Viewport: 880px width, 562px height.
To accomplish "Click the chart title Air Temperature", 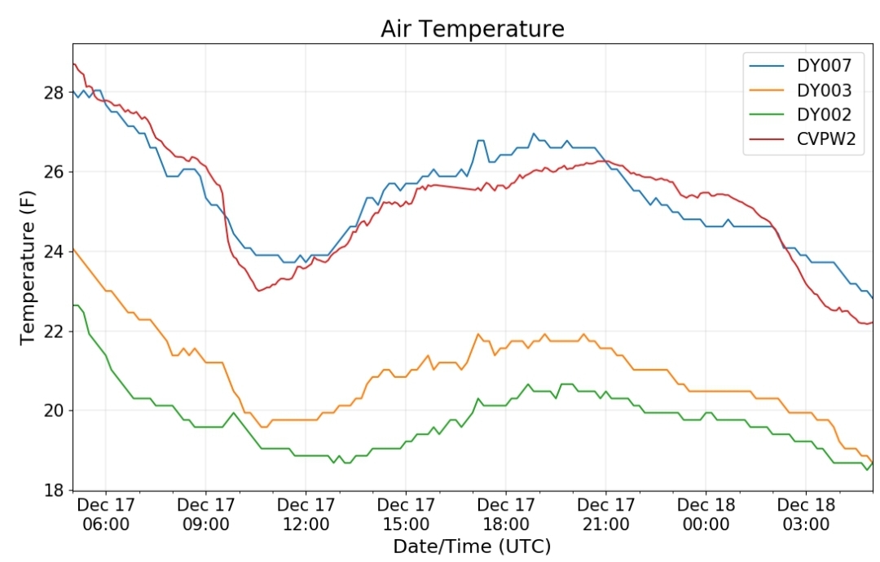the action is pos(472,29).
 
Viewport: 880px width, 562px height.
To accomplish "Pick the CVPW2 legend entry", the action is pos(803,138).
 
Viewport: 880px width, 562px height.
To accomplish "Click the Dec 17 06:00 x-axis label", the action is pos(105,514).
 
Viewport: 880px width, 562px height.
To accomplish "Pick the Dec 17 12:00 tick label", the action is pos(306,514).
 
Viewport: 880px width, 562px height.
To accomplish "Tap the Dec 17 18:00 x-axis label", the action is pos(506,514).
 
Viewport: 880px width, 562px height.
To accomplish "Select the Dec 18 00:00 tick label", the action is pos(706,514).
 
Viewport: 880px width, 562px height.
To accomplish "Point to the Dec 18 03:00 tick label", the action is pos(806,514).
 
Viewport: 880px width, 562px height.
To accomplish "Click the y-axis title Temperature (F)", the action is pos(27,268).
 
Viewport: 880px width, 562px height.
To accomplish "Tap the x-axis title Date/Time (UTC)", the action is pos(472,547).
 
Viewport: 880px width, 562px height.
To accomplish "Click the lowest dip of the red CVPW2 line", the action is pos(258,291).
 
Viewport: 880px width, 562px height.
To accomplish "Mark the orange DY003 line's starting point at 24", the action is pos(73,248).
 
